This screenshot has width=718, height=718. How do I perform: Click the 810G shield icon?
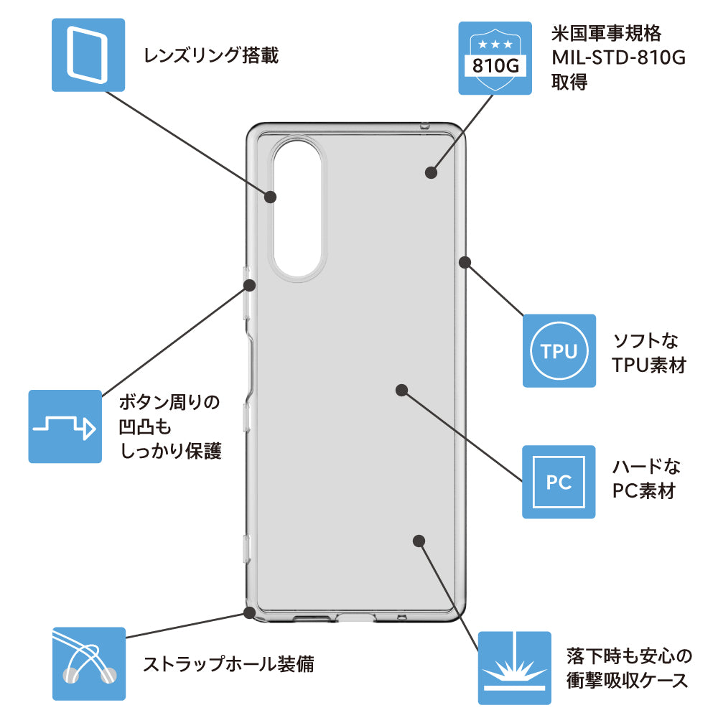[x=495, y=58]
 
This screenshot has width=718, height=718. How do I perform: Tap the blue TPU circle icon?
[x=559, y=351]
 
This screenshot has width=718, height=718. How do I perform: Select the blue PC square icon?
[x=559, y=482]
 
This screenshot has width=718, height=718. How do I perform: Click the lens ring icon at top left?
[x=88, y=54]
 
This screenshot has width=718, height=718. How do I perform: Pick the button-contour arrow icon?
[x=65, y=426]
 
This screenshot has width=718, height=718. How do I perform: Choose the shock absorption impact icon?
[x=514, y=668]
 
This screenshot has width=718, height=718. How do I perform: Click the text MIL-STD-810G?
[x=617, y=57]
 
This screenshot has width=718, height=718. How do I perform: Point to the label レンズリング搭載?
[x=211, y=55]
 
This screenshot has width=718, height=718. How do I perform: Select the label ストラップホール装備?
[x=228, y=663]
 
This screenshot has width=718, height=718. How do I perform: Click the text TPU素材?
[x=648, y=365]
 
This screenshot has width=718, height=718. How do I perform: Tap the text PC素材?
[x=644, y=491]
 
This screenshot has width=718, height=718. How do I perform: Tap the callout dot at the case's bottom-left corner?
[x=249, y=612]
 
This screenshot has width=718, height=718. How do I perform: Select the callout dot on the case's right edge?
[x=464, y=261]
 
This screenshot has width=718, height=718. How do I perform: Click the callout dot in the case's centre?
[x=402, y=390]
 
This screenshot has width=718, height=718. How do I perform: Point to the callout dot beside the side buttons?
[x=249, y=285]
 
